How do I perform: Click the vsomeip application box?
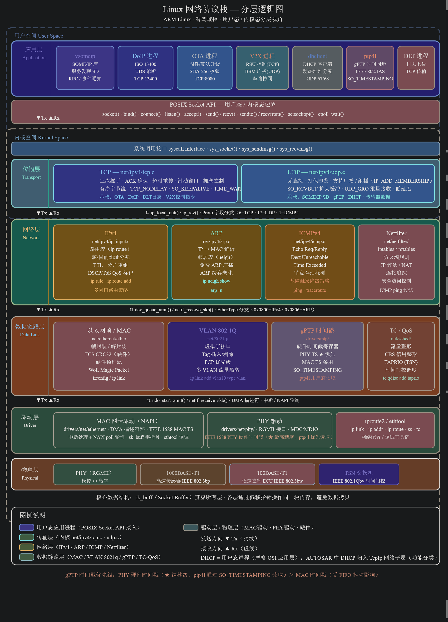pos(85,68)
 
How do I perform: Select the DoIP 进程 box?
pos(145,68)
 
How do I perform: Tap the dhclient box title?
pos(317,56)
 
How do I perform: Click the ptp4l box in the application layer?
pos(370,68)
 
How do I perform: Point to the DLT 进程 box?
pos(416,68)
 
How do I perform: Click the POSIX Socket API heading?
pos(222,104)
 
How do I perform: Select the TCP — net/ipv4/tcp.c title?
pos(127,172)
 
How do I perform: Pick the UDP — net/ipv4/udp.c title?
pos(316,172)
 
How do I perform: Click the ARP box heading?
pos(216,233)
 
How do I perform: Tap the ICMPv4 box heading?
pos(310,233)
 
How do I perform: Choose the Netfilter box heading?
pos(396,233)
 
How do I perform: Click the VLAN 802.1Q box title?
pos(217,330)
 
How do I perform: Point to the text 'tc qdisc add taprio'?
pos(401,378)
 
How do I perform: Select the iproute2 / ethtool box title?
pos(385,421)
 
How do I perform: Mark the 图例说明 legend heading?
pos(32,515)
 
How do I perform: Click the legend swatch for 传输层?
pos(27,537)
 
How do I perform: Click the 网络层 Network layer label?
pos(31,233)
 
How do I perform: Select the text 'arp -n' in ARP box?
pos(216,290)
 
